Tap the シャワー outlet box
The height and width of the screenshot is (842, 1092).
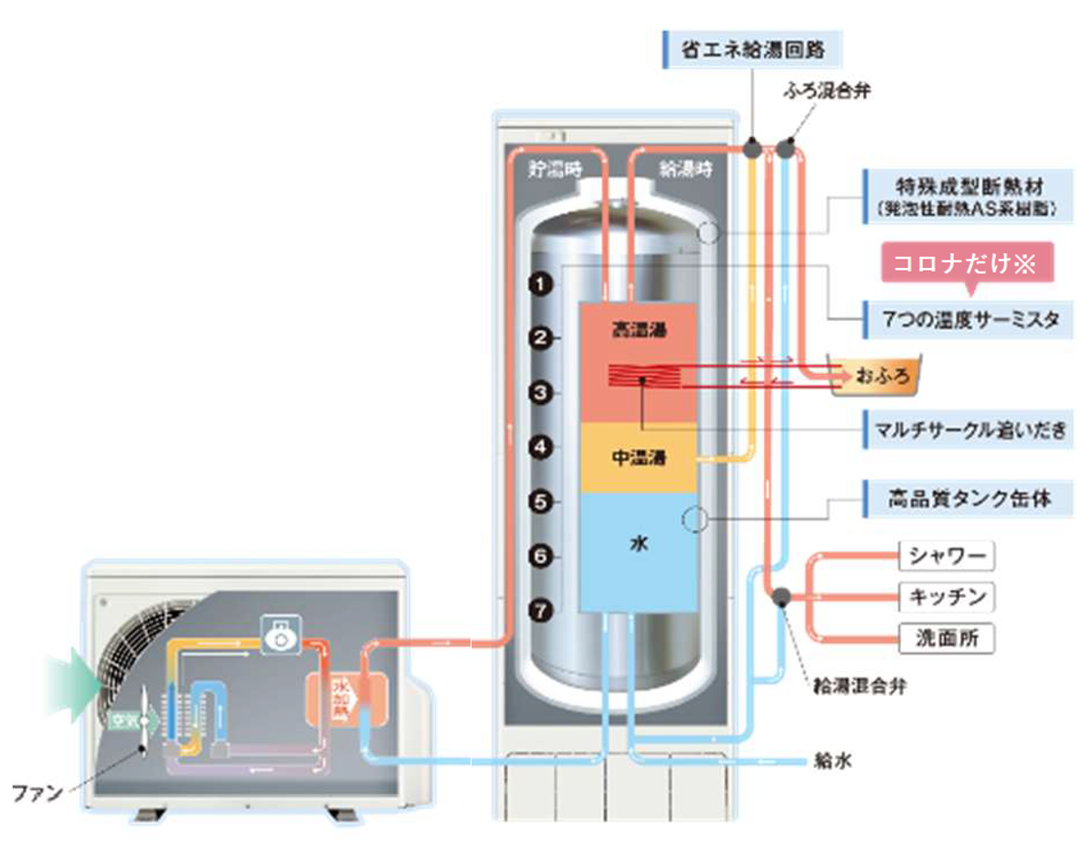(947, 556)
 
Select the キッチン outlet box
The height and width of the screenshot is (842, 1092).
(947, 597)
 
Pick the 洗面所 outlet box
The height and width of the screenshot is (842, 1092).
(947, 638)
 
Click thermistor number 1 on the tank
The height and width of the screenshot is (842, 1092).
(542, 285)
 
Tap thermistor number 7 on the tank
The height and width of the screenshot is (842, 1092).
(542, 610)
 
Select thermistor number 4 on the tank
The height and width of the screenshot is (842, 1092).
(542, 448)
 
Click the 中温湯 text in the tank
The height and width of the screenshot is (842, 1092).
(639, 457)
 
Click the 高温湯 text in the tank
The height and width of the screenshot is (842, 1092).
(639, 330)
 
